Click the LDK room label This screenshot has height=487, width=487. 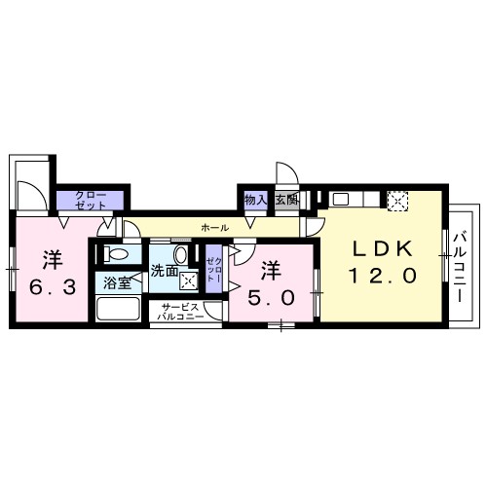coord(383,247)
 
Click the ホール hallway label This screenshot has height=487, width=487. coord(214,227)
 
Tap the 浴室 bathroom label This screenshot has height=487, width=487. coord(115,283)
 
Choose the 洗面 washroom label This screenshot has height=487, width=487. coord(163,272)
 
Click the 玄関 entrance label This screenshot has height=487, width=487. coord(285,200)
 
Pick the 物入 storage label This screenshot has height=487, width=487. coord(255,200)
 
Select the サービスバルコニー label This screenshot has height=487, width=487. coord(182,313)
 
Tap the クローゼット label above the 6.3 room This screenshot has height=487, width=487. coord(90,200)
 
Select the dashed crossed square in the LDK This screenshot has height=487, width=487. coord(397,200)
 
